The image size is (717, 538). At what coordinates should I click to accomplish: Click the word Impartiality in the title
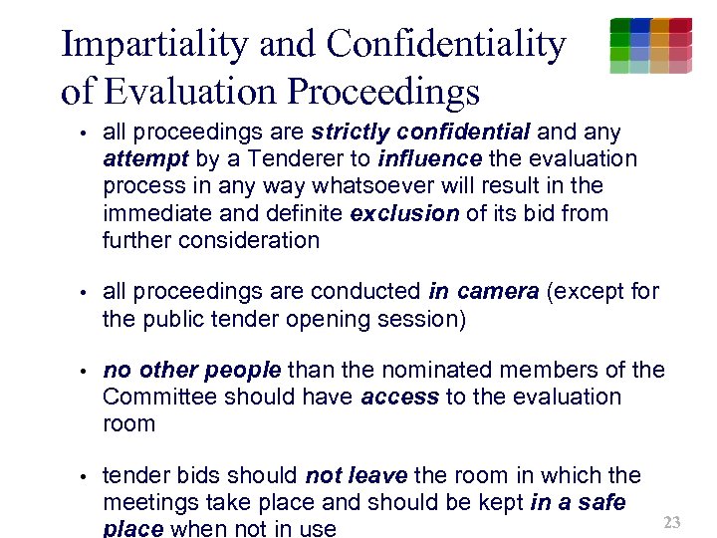[x=154, y=44]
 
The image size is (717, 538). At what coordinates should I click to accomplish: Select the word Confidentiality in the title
[x=446, y=44]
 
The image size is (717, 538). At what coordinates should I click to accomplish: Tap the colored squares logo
[x=650, y=46]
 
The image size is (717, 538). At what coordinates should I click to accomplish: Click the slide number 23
[x=672, y=522]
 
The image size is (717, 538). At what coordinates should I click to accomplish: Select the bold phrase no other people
[x=192, y=370]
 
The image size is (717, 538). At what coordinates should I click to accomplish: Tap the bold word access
[x=400, y=397]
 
